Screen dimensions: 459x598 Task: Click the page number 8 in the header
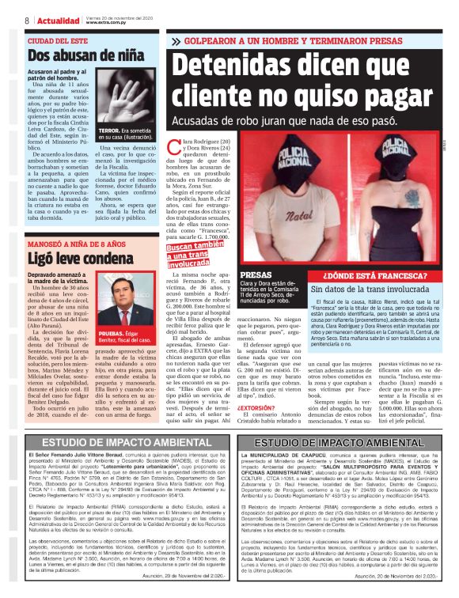point(27,20)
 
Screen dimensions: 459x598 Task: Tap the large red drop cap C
point(177,145)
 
